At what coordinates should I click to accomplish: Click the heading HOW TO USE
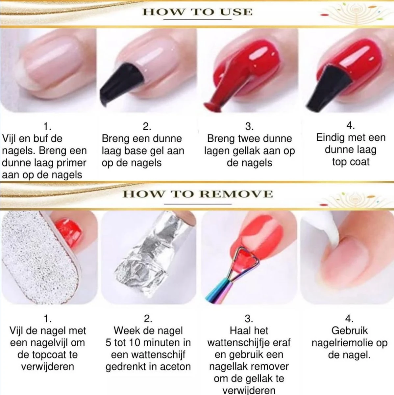point(197,12)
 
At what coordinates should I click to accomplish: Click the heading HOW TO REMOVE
point(198,194)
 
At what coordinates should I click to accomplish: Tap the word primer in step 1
point(71,163)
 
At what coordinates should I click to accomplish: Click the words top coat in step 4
point(351,162)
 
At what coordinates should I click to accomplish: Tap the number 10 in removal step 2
point(135,343)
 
